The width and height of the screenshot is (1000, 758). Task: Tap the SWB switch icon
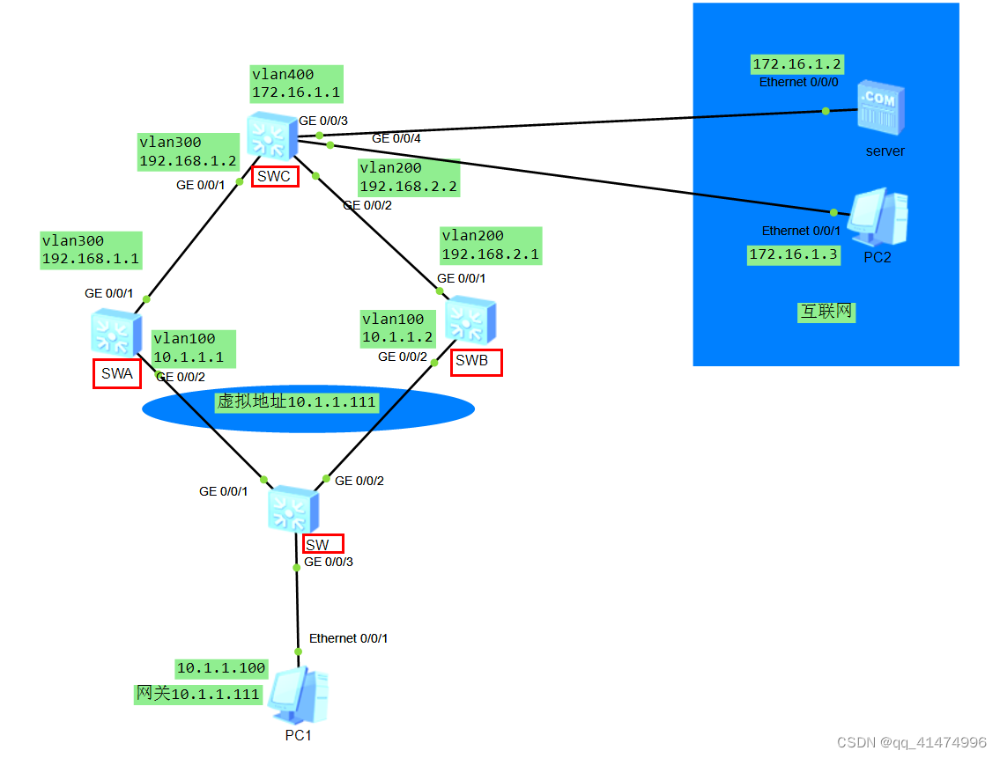coord(470,320)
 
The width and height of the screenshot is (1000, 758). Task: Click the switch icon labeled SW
coord(293,509)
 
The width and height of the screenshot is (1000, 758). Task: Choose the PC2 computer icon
coord(877,217)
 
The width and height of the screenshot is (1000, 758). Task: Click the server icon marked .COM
coord(882,109)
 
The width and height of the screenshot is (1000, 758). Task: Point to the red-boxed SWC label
coord(274,176)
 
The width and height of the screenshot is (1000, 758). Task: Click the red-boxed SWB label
coord(476,362)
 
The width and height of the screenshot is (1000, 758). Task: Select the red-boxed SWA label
coord(116,374)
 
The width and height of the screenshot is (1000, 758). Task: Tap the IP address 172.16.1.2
coord(797,64)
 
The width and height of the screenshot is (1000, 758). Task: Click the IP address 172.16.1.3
coord(793,255)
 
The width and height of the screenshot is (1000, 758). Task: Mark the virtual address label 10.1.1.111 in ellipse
coord(298,401)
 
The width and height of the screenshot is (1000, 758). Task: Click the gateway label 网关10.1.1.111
coord(198,694)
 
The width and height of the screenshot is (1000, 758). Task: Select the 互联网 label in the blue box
coord(826,312)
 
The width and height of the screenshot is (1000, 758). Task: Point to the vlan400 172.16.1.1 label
coord(295,84)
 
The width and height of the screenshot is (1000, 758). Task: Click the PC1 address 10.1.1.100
coord(221,668)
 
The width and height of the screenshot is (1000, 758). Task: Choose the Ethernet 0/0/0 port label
coord(799,82)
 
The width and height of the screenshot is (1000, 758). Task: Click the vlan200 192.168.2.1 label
coord(490,246)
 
